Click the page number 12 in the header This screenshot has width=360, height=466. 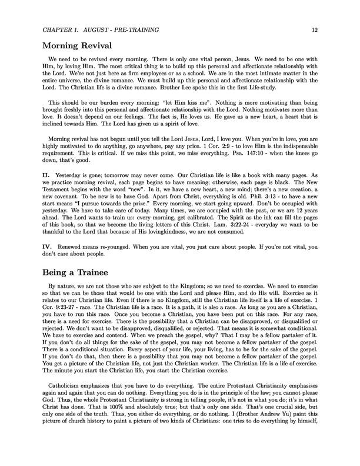[x=315, y=29]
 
